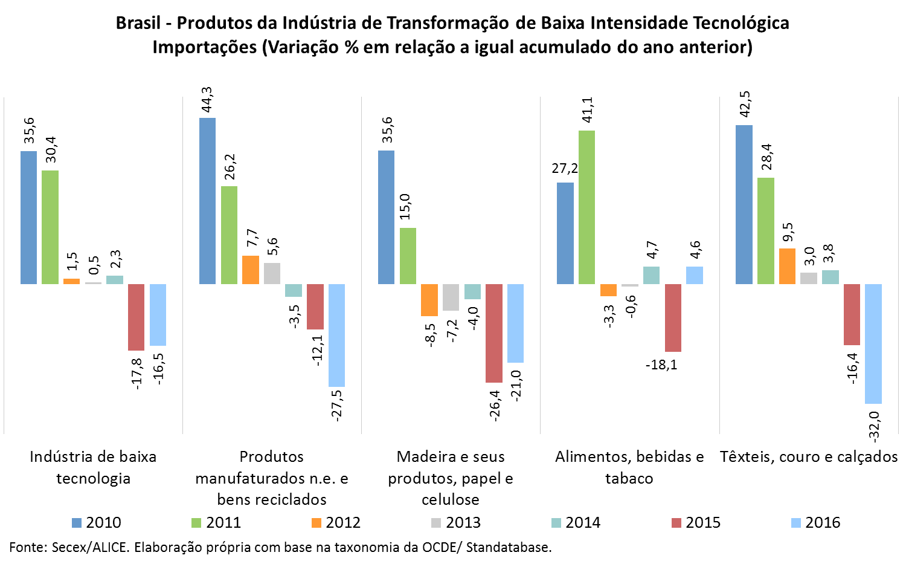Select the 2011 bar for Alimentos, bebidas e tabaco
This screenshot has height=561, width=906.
[x=586, y=207]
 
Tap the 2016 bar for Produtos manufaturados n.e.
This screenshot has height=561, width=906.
[x=336, y=336]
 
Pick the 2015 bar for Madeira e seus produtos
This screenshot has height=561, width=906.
[x=494, y=333]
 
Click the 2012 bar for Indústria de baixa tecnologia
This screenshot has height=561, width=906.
[x=71, y=281]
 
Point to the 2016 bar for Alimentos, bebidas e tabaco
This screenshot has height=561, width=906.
[x=695, y=275]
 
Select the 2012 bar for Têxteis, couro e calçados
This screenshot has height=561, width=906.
[x=787, y=266]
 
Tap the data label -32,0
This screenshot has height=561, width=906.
[x=874, y=424]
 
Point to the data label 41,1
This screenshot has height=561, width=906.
[x=587, y=110]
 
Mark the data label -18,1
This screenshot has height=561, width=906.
[x=661, y=365]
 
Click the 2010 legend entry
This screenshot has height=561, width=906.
[x=97, y=522]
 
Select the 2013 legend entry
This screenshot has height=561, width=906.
[x=457, y=522]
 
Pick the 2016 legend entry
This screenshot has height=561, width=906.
[x=816, y=522]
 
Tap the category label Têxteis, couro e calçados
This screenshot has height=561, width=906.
[x=809, y=456]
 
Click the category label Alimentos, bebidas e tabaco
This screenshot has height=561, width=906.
[x=629, y=467]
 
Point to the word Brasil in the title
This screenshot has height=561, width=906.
[x=138, y=23]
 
